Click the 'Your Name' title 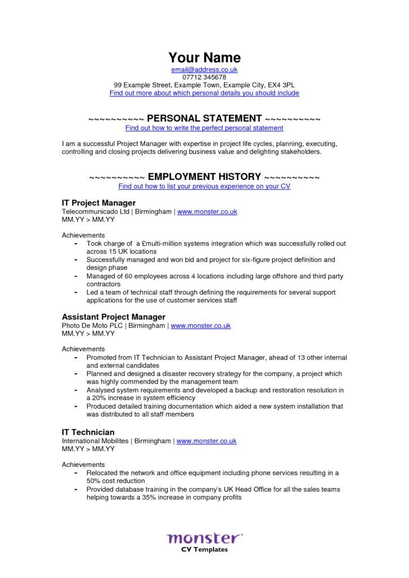[x=204, y=58]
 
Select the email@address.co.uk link [x=204, y=69]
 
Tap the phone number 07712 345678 [x=204, y=77]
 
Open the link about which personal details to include [x=204, y=93]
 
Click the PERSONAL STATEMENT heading [x=204, y=119]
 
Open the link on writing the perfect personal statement [x=204, y=128]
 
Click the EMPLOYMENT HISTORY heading [x=204, y=177]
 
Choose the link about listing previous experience [x=204, y=186]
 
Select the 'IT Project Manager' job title [x=98, y=203]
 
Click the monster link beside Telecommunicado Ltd [x=207, y=212]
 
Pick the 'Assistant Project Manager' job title [x=113, y=317]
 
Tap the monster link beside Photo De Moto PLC [x=201, y=326]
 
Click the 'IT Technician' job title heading [x=88, y=432]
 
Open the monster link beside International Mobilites [x=206, y=441]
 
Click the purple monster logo [x=204, y=537]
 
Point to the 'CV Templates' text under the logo [x=204, y=550]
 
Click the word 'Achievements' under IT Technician [x=83, y=464]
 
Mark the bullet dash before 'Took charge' [x=76, y=243]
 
